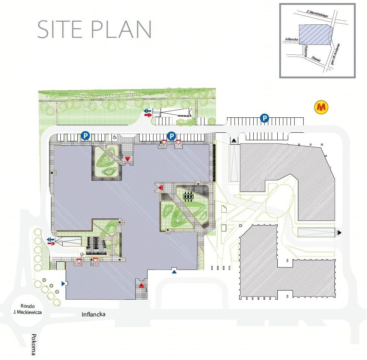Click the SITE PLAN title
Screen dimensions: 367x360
(x=95, y=29)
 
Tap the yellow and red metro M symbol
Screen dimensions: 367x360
(x=321, y=107)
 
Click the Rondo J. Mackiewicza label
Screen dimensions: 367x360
(x=28, y=309)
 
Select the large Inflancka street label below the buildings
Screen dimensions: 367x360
(x=93, y=314)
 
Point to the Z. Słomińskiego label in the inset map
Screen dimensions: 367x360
(x=317, y=14)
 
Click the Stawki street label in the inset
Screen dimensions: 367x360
(x=316, y=59)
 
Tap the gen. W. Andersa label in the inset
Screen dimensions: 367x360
(x=335, y=54)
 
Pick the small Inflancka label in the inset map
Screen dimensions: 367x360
(x=292, y=39)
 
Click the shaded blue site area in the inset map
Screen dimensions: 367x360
(x=315, y=34)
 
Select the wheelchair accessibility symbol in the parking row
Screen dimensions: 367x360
(x=115, y=137)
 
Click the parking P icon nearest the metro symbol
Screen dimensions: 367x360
(x=265, y=118)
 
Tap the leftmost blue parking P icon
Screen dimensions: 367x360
(x=86, y=135)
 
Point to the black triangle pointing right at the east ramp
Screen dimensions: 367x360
(x=339, y=232)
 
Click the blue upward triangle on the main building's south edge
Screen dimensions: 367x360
(x=174, y=271)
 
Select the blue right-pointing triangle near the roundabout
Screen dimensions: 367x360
(x=63, y=283)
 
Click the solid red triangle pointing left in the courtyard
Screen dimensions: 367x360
(x=161, y=187)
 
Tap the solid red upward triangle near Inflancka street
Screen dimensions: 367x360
(x=141, y=285)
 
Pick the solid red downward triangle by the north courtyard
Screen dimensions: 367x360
(x=127, y=159)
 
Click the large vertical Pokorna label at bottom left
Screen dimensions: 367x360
(x=34, y=344)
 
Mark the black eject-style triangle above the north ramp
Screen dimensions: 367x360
(x=234, y=141)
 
